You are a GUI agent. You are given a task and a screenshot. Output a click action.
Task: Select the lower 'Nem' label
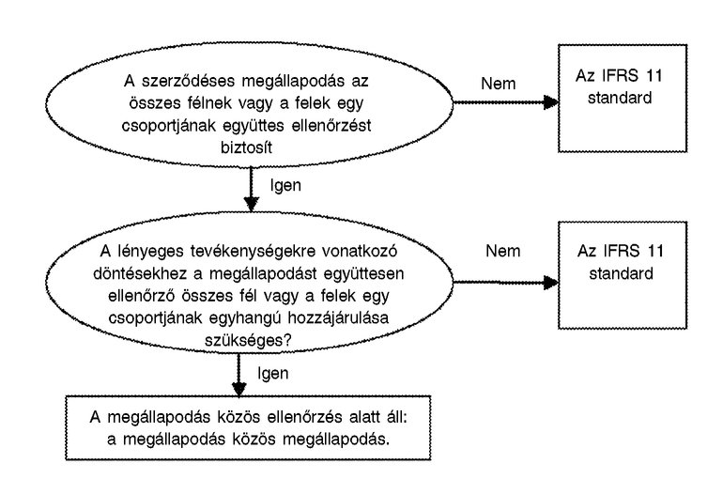[x=504, y=251]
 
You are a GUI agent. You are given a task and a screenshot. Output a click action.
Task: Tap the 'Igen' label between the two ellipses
[x=284, y=185]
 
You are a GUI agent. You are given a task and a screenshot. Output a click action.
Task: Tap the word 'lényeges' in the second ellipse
[x=150, y=252]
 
